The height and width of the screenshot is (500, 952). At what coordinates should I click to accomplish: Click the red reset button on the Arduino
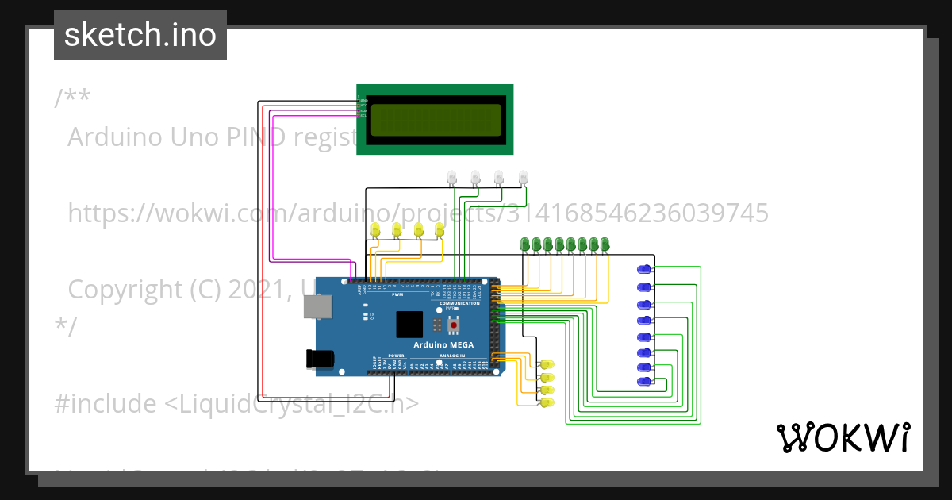click(454, 325)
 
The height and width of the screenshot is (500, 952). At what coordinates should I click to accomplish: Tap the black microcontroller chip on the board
click(409, 325)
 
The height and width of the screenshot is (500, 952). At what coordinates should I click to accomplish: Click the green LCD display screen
click(435, 120)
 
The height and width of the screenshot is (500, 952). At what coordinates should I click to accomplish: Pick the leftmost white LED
click(451, 176)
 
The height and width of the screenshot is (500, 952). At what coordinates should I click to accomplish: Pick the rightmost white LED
click(523, 176)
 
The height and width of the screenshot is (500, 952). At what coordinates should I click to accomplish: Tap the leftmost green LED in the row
click(524, 243)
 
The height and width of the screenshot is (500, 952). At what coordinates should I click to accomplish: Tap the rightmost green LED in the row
click(605, 243)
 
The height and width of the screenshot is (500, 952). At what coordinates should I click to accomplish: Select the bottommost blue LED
click(646, 383)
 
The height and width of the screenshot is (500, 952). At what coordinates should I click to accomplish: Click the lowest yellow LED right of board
click(546, 403)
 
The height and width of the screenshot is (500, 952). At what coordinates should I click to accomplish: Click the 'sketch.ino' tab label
click(140, 35)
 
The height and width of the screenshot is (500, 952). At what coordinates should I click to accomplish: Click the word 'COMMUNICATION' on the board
click(459, 304)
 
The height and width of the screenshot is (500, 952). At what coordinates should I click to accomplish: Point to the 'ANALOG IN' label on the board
click(452, 356)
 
